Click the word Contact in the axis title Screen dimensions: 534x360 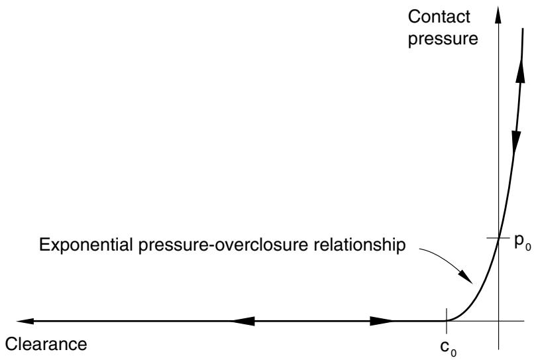pos(439,17)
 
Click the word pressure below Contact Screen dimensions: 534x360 pos(443,39)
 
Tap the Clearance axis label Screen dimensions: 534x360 pos(46,344)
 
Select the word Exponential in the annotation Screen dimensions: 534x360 pos(86,245)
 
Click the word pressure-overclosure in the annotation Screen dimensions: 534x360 pos(223,245)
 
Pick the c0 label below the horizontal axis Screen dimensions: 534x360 pos(448,347)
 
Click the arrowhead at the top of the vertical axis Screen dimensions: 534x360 pos(498,15)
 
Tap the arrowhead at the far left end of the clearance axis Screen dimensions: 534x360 pos(25,321)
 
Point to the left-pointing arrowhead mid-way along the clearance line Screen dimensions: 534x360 pos(243,321)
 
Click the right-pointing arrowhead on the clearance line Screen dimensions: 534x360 pos(382,321)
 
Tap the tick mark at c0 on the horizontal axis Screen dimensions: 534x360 pos(447,321)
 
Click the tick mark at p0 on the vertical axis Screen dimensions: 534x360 pos(498,237)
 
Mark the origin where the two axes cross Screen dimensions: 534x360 pos(498,321)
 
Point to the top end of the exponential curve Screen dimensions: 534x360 pos(523,29)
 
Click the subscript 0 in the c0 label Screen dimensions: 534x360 pos(453,353)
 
